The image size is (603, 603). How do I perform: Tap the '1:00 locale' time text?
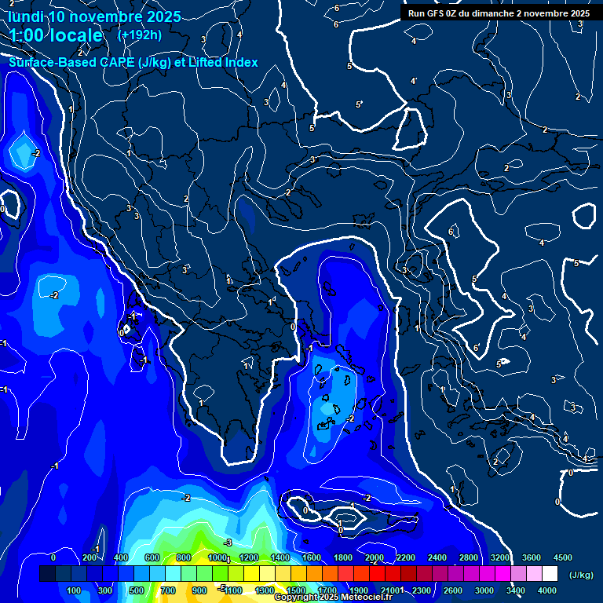(x=56, y=35)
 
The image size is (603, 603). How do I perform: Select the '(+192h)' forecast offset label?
(x=140, y=35)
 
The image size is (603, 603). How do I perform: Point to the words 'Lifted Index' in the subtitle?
(x=221, y=62)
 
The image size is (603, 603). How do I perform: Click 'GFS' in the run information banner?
(x=436, y=13)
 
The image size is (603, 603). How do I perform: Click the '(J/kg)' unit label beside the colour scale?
(x=580, y=575)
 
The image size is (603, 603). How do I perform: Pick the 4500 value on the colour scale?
(x=562, y=557)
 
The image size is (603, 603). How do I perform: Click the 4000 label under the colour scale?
(x=547, y=590)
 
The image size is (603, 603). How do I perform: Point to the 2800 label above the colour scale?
(x=468, y=557)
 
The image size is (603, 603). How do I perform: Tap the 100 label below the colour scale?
(x=75, y=590)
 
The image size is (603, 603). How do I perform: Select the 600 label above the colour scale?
(x=154, y=557)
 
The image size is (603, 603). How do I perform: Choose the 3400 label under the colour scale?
(x=516, y=590)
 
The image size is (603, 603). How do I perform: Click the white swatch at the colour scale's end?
(x=550, y=574)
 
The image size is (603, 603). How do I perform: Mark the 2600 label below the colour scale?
(x=453, y=590)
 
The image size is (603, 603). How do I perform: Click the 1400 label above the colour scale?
(x=280, y=557)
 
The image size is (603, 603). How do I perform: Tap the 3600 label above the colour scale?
(x=532, y=557)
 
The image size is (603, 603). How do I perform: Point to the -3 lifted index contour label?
(x=228, y=543)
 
